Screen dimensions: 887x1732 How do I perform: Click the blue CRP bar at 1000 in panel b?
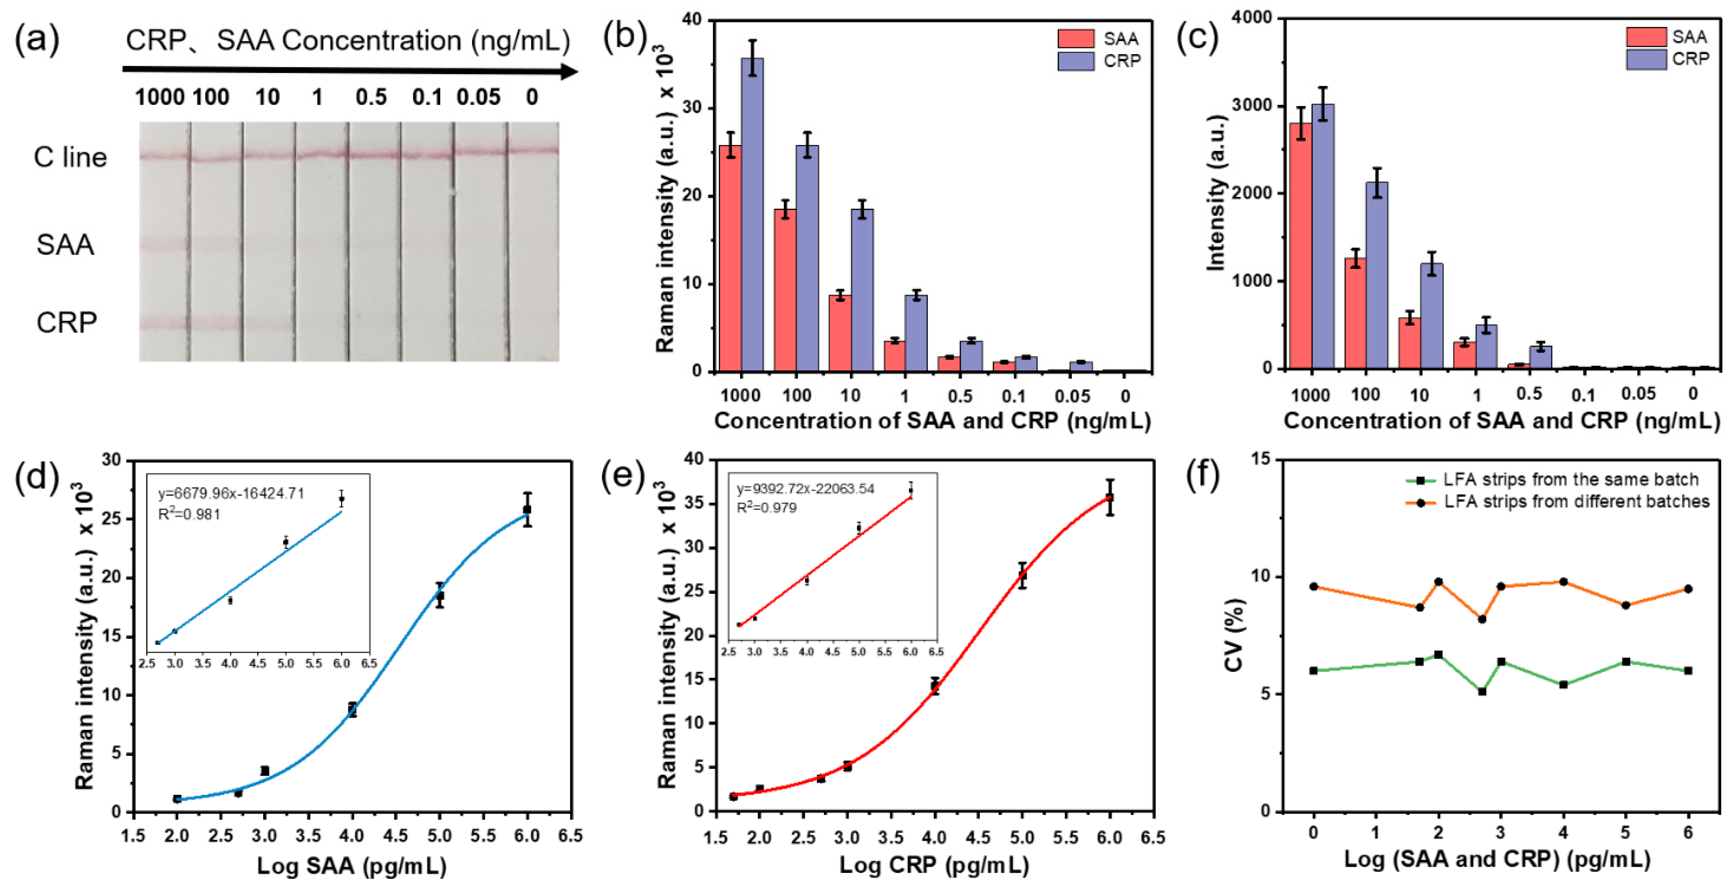[x=752, y=215]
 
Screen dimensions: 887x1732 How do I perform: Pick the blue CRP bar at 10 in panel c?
[x=1431, y=316]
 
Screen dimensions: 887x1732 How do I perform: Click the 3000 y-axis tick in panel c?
[x=1252, y=106]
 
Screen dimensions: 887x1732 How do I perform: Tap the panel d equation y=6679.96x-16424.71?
[x=230, y=494]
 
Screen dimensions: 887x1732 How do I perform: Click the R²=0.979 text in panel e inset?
[x=766, y=508]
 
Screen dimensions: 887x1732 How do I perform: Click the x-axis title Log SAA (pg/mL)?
[x=352, y=866]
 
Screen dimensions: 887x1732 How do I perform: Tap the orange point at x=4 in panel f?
[x=1563, y=582]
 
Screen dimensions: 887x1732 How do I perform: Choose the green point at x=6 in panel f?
[x=1687, y=670]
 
